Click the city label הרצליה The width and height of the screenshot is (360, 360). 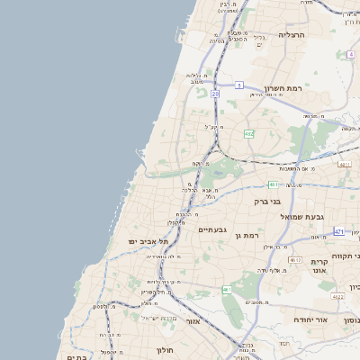tap(292, 34)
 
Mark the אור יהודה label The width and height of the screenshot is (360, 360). tap(313, 319)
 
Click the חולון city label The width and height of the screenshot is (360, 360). tap(164, 349)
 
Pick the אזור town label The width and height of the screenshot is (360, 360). tap(193, 320)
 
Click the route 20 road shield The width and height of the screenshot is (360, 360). tap(216, 93)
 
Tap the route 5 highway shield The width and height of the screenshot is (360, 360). tap(239, 85)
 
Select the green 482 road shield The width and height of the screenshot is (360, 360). tap(249, 133)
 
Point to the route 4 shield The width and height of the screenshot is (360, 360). tap(350, 54)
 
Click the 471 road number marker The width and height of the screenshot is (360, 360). tap(338, 232)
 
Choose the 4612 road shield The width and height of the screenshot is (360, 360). tap(295, 260)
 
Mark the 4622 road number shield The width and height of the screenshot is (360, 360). tap(337, 296)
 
